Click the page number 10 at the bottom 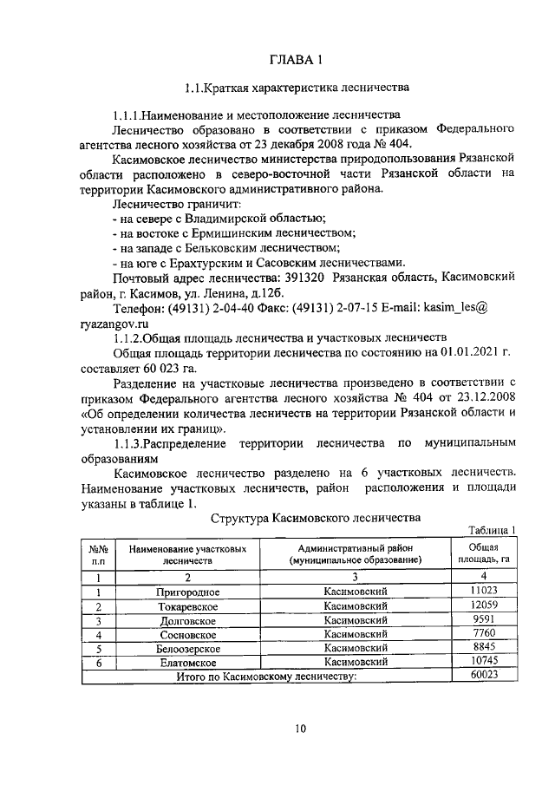pyautogui.click(x=300, y=729)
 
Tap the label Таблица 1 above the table pyautogui.click(x=492, y=531)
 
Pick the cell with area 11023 pyautogui.click(x=477, y=592)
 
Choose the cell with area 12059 pyautogui.click(x=477, y=605)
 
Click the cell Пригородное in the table pyautogui.click(x=187, y=592)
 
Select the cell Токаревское pyautogui.click(x=187, y=606)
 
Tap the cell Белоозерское pyautogui.click(x=187, y=648)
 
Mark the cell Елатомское pyautogui.click(x=187, y=661)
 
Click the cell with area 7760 pyautogui.click(x=477, y=634)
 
